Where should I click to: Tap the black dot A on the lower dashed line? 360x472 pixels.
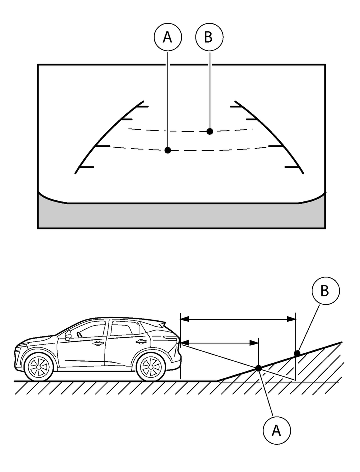pos(168,150)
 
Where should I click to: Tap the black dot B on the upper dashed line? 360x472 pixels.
pos(210,131)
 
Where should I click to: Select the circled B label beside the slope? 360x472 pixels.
pos(325,291)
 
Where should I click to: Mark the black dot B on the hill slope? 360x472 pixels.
pos(297,353)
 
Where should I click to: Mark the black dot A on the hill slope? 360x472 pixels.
pos(258,368)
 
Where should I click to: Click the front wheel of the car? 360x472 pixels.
pos(38,367)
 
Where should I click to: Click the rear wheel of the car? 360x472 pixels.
pos(150,367)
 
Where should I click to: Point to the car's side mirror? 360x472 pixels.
pos(68,335)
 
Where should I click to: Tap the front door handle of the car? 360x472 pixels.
pos(98,343)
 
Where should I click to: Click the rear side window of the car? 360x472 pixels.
pos(122,328)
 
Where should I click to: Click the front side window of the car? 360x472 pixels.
pos(90,330)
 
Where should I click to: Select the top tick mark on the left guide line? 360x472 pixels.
pos(141,106)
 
